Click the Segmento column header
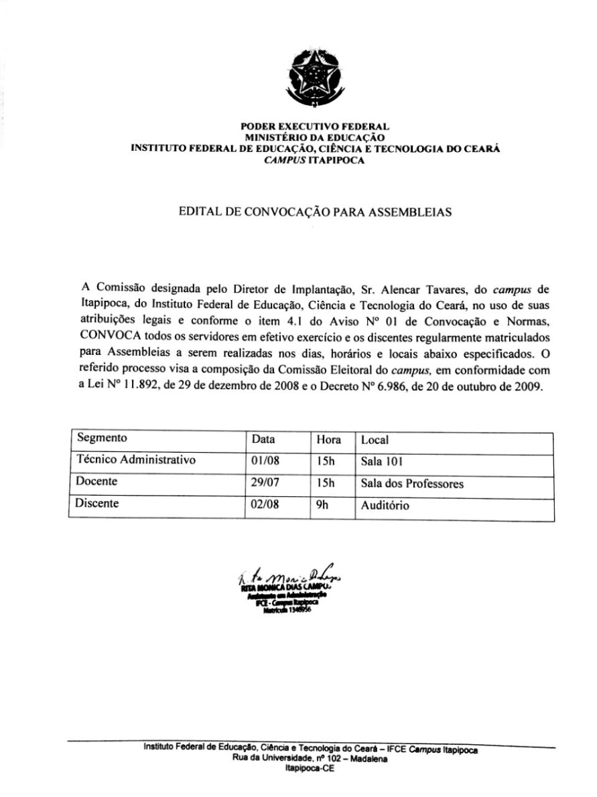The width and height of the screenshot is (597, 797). pos(102,439)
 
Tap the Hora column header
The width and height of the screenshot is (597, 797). pos(329,441)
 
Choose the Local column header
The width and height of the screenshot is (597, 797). pos(375,441)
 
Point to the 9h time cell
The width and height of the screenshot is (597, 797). pos(323,505)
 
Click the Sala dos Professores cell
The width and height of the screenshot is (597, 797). pos(412,484)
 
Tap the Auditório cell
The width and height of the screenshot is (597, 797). pos(385,506)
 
